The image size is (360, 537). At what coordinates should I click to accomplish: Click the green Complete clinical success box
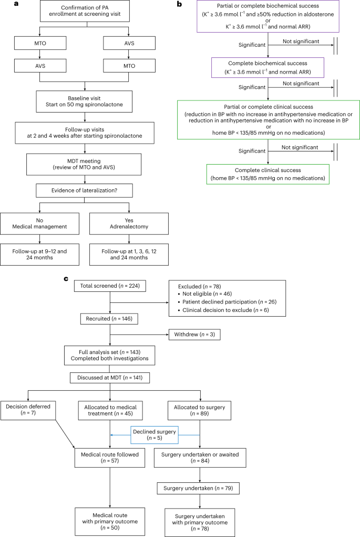tap(268, 174)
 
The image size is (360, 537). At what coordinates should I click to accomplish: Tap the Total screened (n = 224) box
tap(110, 287)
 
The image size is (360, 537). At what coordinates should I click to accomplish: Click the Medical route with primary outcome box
tap(110, 519)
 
